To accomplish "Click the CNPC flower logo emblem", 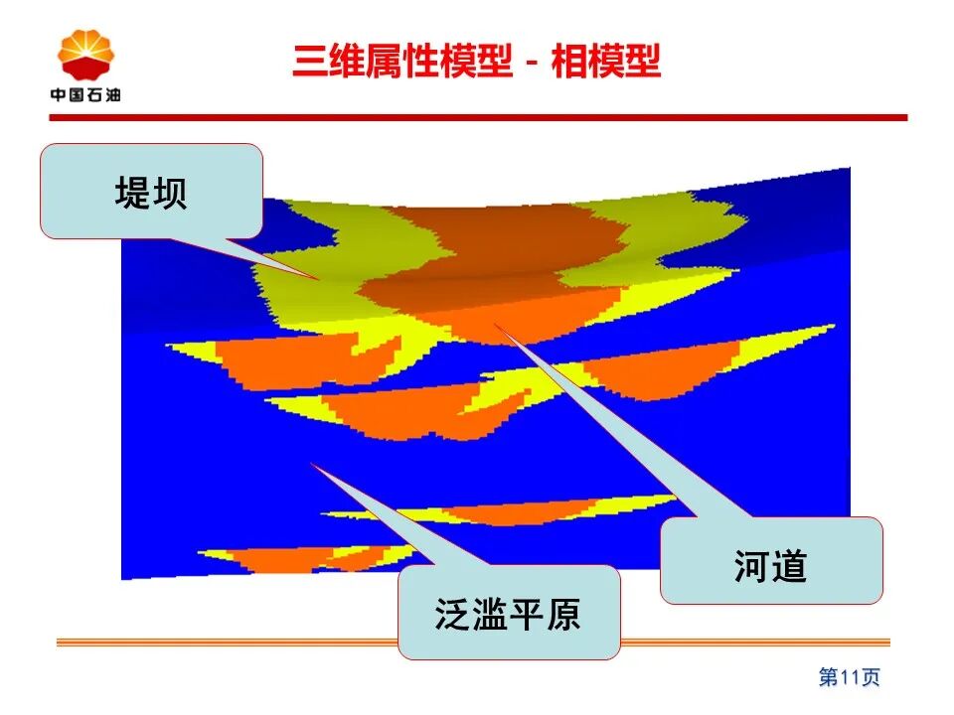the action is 85,56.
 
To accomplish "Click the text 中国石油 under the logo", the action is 85,95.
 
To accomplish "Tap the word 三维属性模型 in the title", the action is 402,61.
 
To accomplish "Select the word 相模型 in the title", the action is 605,61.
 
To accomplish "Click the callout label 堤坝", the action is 151,193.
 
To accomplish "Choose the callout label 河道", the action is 771,566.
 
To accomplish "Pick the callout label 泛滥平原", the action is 508,614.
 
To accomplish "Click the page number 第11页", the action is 850,676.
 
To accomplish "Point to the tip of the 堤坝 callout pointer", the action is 318,280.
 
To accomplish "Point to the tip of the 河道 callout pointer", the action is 494,323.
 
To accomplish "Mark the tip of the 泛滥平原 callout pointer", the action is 311,464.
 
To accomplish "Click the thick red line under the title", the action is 478,117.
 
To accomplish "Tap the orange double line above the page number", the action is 473,643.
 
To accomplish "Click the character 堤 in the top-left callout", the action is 132,193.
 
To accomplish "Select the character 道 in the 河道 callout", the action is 790,566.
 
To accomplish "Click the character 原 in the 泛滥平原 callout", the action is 563,614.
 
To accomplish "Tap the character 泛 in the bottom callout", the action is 453,614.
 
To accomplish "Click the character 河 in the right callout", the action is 752,566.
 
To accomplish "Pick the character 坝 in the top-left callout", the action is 170,193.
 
